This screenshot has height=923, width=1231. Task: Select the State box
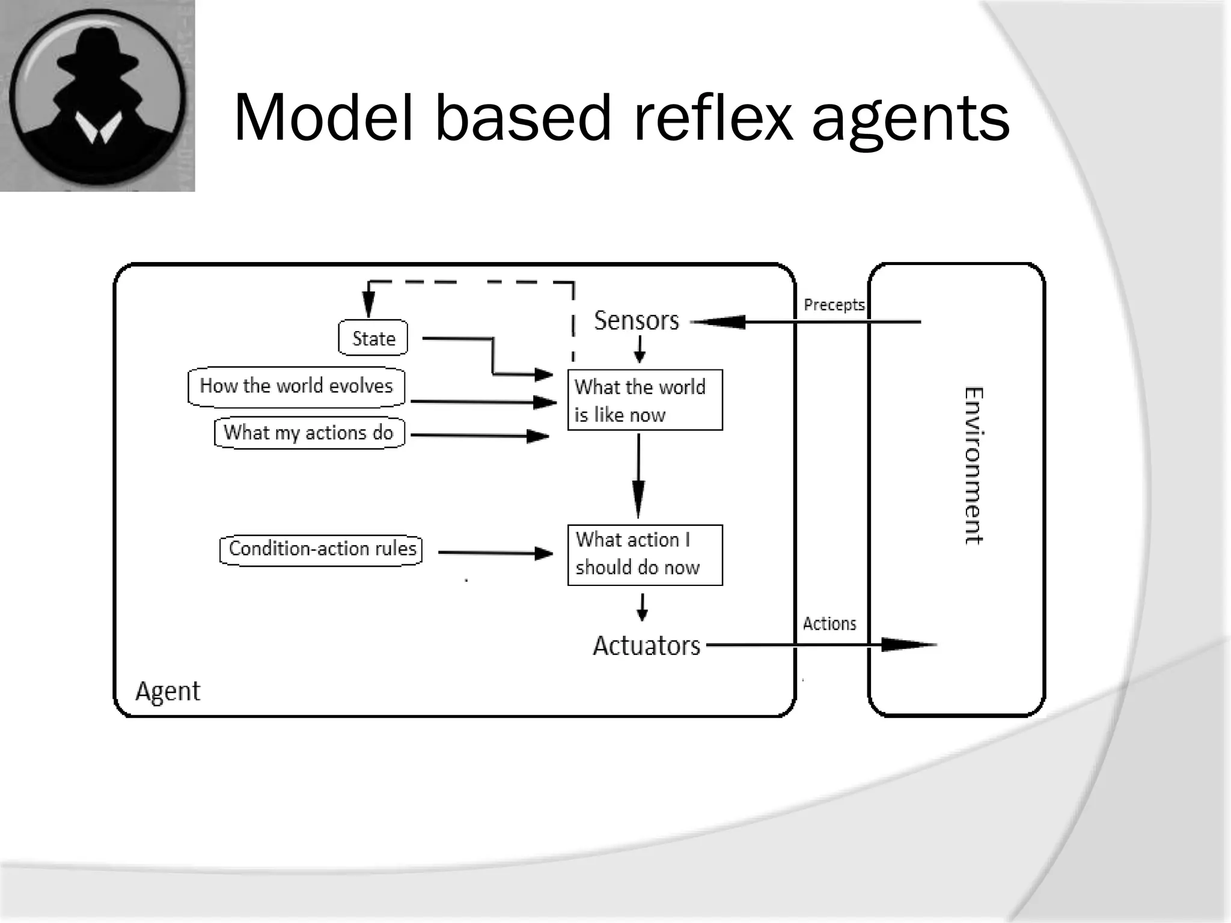coord(373,338)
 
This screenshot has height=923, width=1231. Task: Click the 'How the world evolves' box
coord(296,386)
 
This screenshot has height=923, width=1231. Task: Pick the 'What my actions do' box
coord(309,433)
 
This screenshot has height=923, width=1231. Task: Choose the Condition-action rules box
coord(322,549)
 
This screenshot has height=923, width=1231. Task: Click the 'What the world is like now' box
coord(645,400)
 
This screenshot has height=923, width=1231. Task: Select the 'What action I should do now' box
coord(645,555)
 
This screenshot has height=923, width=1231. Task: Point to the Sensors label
coord(637,320)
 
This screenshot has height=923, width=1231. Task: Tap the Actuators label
coord(647,645)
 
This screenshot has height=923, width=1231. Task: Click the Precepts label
coord(834,305)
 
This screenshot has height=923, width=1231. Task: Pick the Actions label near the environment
coord(829,624)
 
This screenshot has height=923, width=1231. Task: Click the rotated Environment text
coord(973,466)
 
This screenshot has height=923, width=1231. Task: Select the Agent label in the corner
coord(168,691)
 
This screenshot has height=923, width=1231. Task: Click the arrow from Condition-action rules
coord(495,553)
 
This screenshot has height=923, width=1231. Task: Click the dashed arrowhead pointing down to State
coord(368,303)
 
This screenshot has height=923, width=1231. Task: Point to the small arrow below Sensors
coord(640,349)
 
